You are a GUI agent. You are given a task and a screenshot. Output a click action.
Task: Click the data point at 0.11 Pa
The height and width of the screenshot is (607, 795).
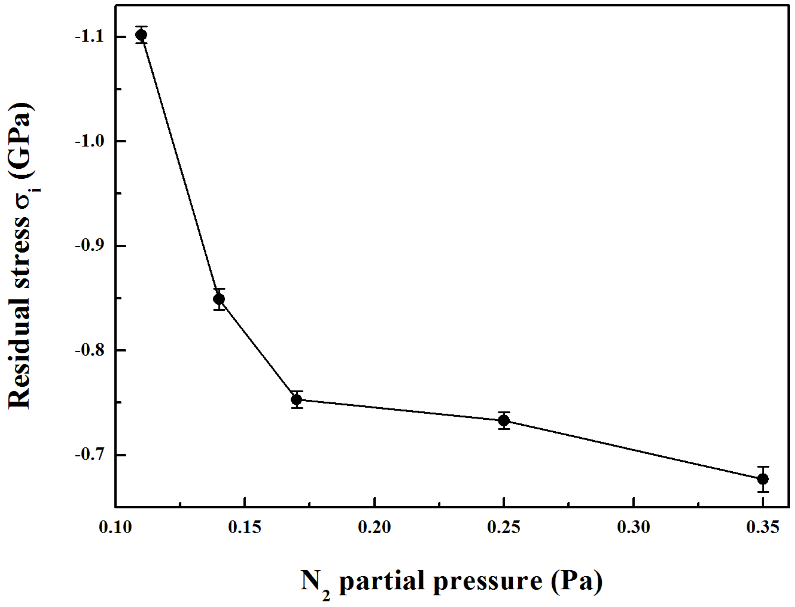pos(141,35)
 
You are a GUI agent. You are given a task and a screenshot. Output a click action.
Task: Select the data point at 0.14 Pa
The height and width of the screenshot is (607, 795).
pos(219,299)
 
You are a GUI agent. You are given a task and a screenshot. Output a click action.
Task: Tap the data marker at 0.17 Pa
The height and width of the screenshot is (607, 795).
pos(297,399)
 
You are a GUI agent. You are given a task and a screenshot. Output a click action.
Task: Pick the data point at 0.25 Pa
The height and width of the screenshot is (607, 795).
pos(504,420)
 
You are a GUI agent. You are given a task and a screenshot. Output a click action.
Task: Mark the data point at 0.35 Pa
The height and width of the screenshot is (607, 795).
pos(763,479)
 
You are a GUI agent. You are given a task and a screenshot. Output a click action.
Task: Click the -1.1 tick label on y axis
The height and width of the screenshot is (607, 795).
pos(90,37)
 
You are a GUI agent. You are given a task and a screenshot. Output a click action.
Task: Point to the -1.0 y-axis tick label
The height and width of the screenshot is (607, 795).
pos(90,141)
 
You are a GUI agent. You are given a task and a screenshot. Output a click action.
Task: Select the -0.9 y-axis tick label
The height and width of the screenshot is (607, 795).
pos(90,246)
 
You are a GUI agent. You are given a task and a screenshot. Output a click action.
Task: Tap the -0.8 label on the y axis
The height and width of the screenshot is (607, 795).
pos(90,350)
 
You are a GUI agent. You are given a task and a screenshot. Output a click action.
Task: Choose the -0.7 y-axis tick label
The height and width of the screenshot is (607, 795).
pos(90,455)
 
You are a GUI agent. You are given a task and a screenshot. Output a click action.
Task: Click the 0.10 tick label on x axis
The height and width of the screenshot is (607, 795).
pos(116,527)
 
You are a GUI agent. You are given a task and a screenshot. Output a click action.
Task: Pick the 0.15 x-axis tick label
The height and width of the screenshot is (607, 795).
pos(245,527)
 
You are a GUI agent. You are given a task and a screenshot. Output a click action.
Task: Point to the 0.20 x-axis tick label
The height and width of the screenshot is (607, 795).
pos(375,527)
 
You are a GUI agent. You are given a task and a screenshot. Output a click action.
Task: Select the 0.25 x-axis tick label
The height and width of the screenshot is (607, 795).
pos(504,527)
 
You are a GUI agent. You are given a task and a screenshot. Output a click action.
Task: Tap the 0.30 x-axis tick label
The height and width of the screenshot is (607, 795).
pos(633,527)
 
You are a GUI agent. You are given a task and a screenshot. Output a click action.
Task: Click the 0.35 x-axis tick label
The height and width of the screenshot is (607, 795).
pos(763,527)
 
